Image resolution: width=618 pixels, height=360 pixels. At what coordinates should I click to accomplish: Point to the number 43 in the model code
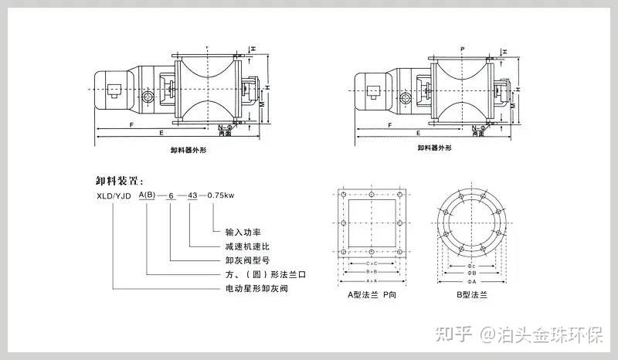[x=192, y=195]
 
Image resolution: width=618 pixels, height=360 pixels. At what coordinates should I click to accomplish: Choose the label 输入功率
[x=241, y=232]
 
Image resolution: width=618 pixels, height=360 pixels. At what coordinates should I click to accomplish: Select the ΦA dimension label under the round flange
[x=471, y=281]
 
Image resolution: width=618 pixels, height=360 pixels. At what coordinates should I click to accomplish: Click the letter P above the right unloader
[x=461, y=48]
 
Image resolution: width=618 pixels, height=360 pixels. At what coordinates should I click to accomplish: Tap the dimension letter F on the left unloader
[x=133, y=124]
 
